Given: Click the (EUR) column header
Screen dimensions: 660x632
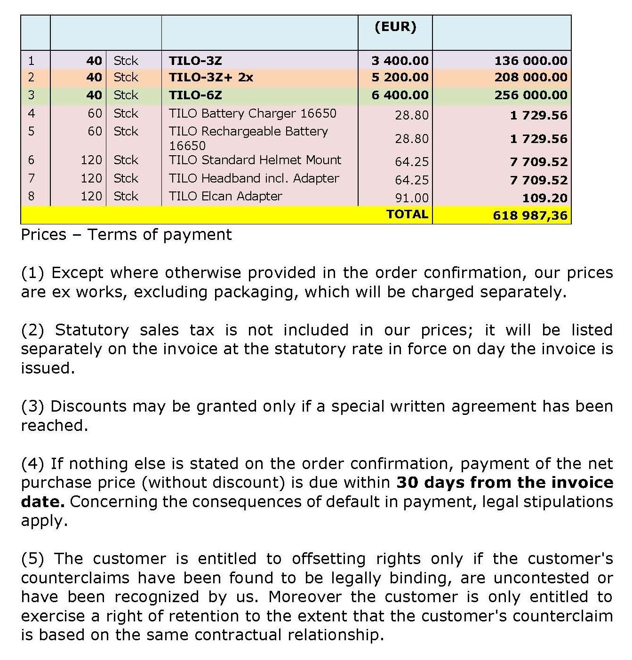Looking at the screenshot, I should [x=395, y=27].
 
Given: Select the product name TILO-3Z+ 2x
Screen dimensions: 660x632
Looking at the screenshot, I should [x=211, y=78].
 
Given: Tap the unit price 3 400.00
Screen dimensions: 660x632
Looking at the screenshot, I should [x=400, y=61].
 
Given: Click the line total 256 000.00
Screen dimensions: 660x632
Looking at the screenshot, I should [x=531, y=95].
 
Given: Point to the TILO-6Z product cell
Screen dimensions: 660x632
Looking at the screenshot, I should [x=195, y=95].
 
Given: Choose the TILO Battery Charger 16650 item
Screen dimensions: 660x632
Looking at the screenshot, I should [x=253, y=113].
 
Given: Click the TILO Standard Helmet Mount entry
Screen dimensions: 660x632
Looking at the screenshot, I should [x=255, y=160].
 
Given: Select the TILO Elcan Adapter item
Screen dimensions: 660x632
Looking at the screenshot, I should [x=225, y=196].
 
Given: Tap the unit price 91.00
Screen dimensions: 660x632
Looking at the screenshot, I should [x=412, y=198].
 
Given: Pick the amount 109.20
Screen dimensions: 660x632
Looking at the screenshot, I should [x=544, y=198].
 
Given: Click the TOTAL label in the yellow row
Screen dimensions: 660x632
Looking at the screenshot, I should [x=407, y=215].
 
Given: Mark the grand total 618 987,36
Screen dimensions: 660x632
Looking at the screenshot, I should [x=530, y=216].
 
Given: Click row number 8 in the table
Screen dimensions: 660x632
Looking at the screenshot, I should [x=32, y=196].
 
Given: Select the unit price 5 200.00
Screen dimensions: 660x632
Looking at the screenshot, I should [x=400, y=78].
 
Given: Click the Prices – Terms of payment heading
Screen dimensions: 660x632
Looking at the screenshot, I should [x=126, y=235].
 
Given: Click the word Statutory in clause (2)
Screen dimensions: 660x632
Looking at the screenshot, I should [x=92, y=330].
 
